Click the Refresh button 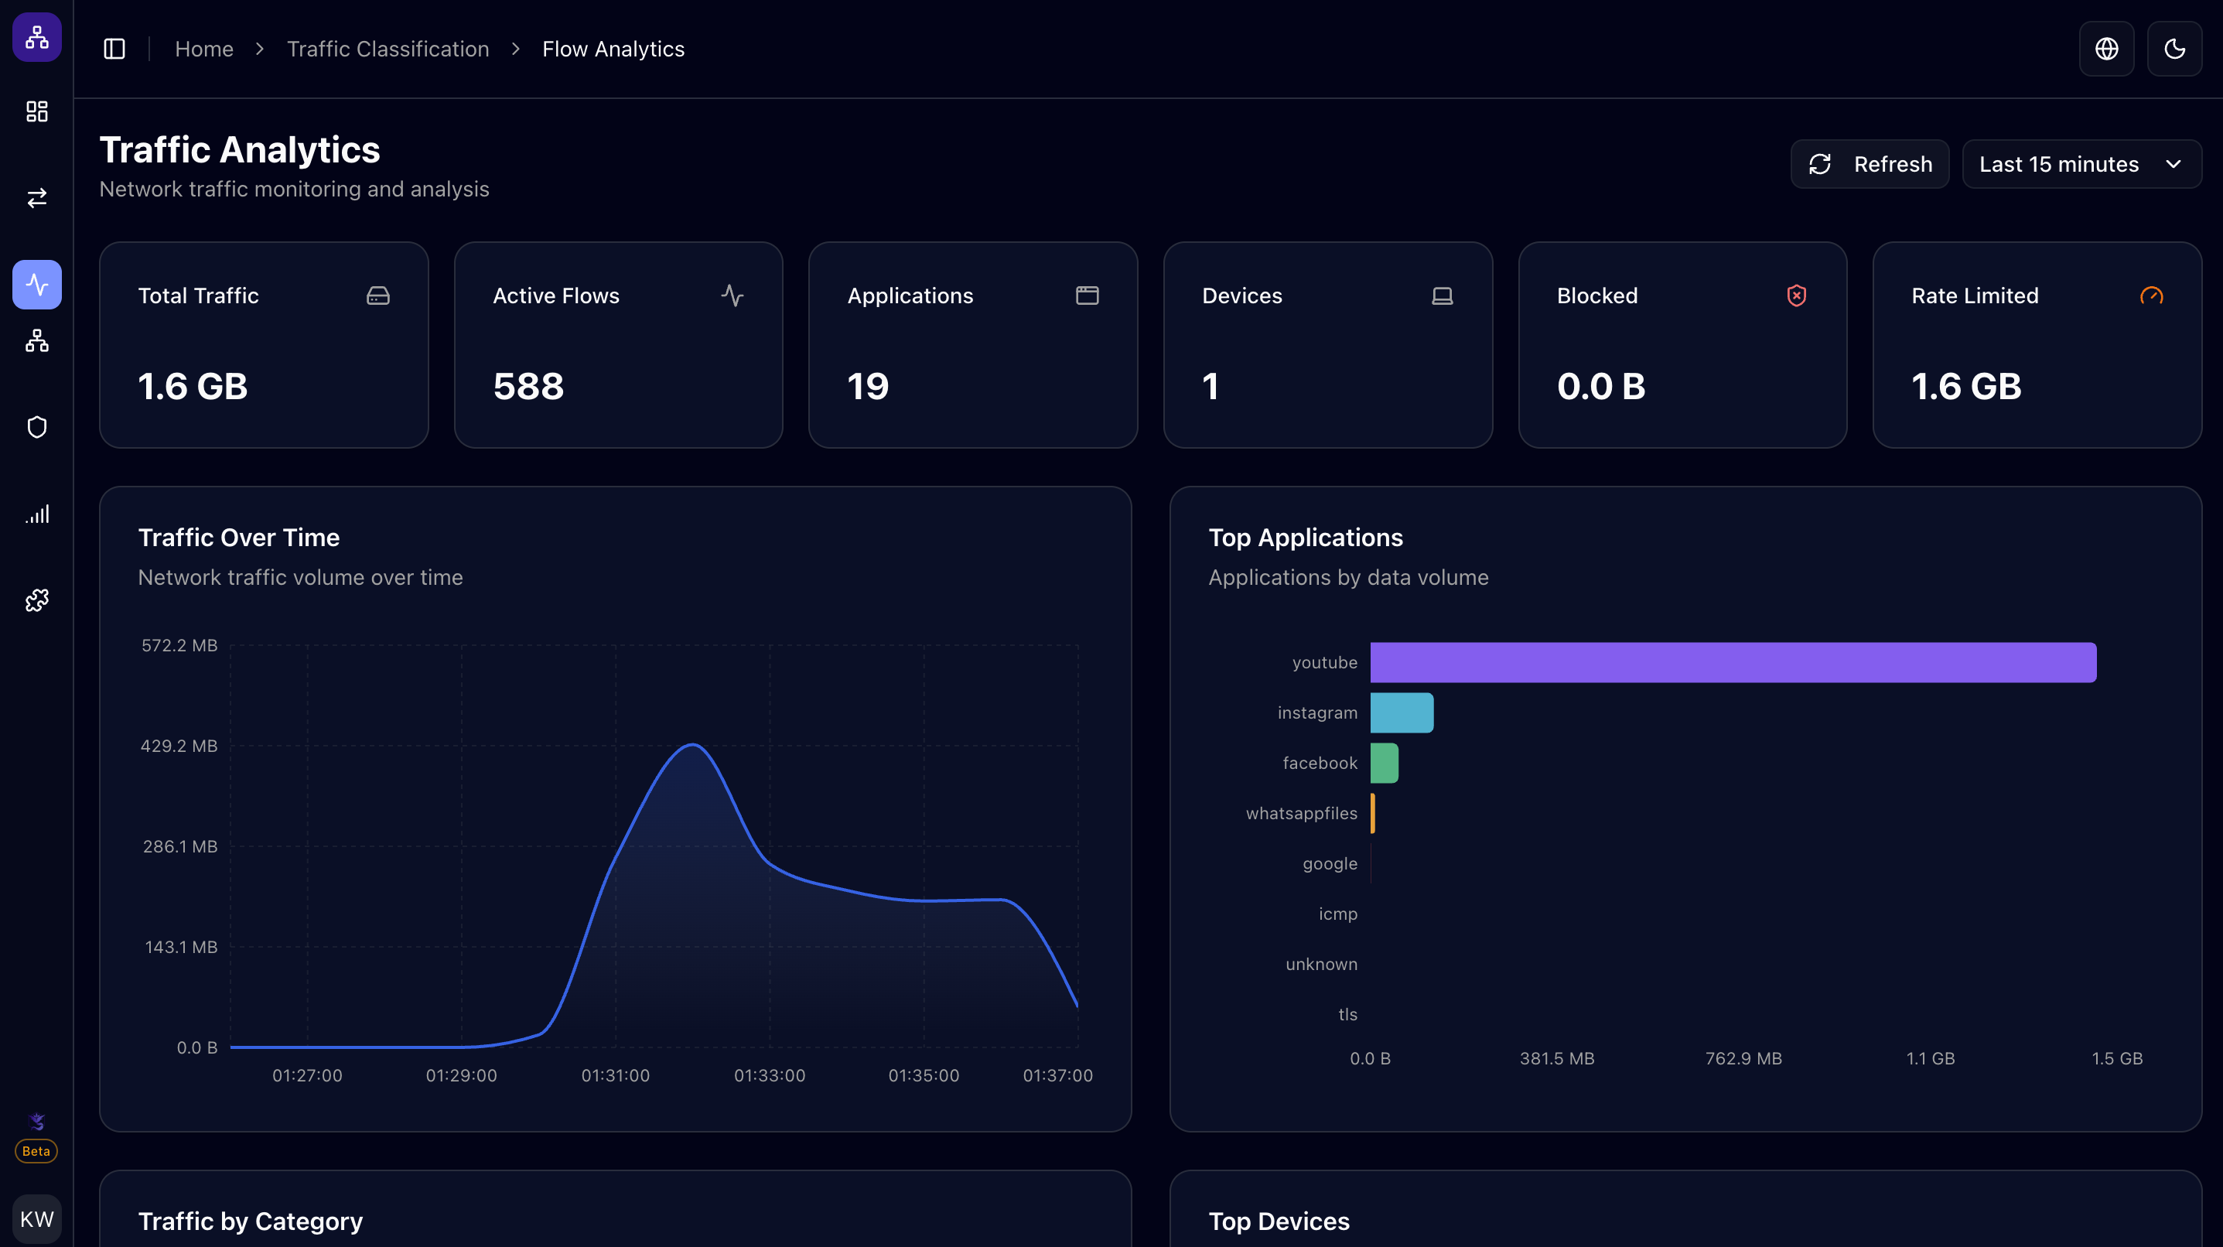pos(1870,164)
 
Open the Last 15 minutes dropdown pos(2081,164)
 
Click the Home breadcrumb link pos(203,50)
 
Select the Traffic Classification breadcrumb pos(388,50)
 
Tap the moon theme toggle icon pos(2173,50)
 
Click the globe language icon pos(2106,50)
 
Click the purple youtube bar pos(1732,663)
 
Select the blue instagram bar pos(1402,712)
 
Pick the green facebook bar pos(1383,763)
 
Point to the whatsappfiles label pos(1301,814)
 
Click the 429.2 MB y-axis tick pos(179,746)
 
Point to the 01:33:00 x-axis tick pos(769,1075)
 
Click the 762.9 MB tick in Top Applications pos(1743,1058)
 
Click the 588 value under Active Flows pos(528,387)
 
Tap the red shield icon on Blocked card pos(1796,296)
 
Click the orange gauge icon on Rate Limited pos(2151,296)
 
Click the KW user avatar pos(36,1218)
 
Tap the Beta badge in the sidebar pos(36,1151)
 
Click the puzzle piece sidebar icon pos(36,600)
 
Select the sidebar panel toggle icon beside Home pos(114,50)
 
